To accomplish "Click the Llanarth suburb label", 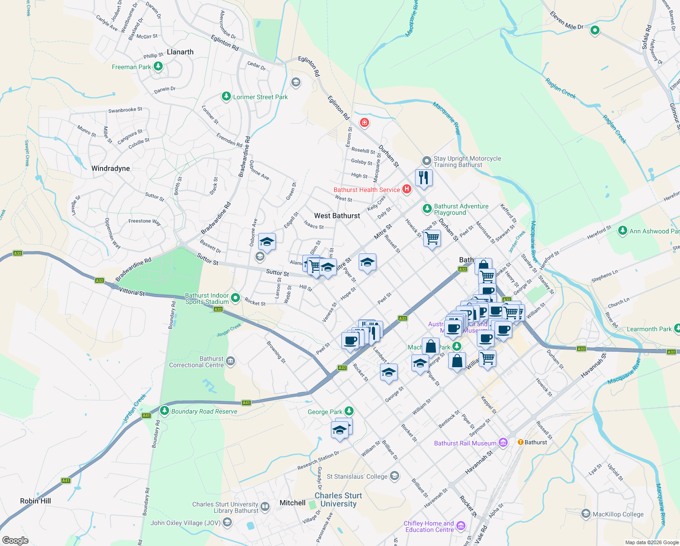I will tap(180, 52).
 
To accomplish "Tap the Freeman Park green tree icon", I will tap(158, 67).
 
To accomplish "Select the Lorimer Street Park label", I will tap(260, 97).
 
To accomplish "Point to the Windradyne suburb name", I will tap(110, 168).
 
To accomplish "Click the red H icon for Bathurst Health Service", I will tap(406, 189).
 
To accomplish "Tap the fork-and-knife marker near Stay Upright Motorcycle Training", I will tap(423, 177).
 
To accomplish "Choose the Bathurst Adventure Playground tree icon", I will tap(427, 209).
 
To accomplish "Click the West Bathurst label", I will tap(337, 216).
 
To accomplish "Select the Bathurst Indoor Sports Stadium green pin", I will tap(235, 298).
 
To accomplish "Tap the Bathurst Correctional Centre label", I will tap(196, 362).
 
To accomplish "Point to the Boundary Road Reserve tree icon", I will tap(165, 411).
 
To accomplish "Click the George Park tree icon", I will tap(349, 411).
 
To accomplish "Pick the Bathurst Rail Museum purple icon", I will tap(503, 443).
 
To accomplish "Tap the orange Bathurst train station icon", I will tap(520, 442).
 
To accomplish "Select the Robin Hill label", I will tap(35, 501).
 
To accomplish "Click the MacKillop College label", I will tap(618, 514).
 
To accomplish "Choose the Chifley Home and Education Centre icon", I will tap(461, 526).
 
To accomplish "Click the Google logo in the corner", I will tap(15, 540).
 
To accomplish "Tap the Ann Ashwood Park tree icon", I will tap(623, 231).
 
